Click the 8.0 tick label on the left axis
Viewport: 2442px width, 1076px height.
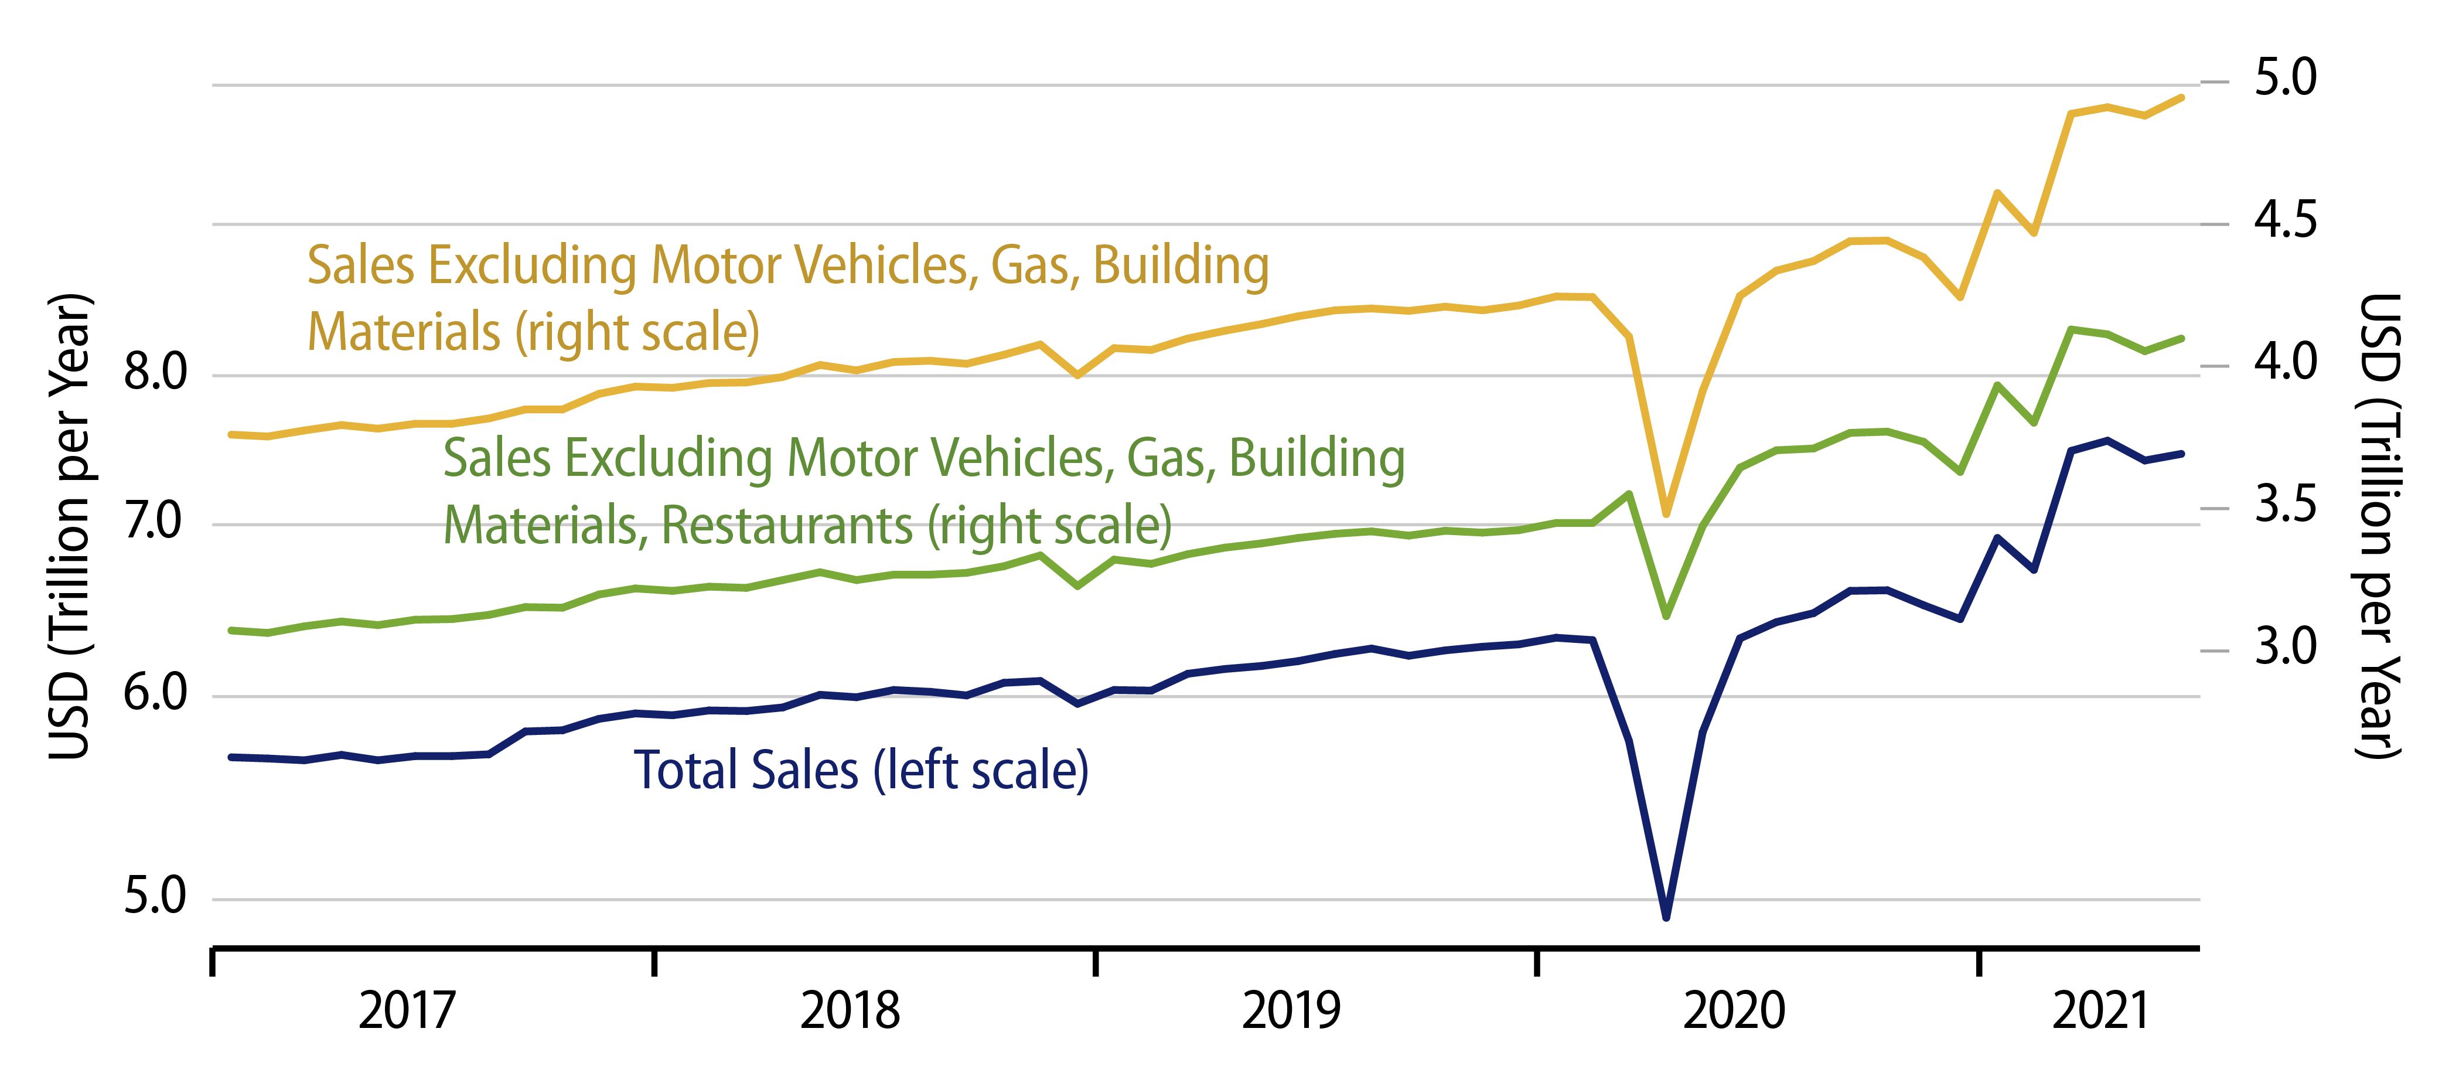click(x=155, y=373)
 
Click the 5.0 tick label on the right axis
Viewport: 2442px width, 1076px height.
click(x=2284, y=78)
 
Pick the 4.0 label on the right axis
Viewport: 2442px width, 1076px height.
click(x=2284, y=362)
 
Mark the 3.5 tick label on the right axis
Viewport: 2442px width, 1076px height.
click(x=2284, y=505)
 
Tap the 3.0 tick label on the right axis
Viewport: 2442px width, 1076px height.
click(x=2284, y=648)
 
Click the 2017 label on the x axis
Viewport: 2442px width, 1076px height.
click(x=407, y=1010)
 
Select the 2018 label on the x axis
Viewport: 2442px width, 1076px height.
click(x=850, y=1010)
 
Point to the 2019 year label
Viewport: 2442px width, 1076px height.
click(x=1291, y=1010)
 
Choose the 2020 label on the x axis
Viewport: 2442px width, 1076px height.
click(x=1734, y=1010)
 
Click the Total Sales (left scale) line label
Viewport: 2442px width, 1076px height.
click(x=861, y=770)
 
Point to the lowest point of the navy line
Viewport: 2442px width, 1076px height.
click(x=1666, y=917)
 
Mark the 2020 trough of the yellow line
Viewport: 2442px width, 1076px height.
click(x=1666, y=514)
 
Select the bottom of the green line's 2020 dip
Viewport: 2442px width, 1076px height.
click(x=1666, y=616)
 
